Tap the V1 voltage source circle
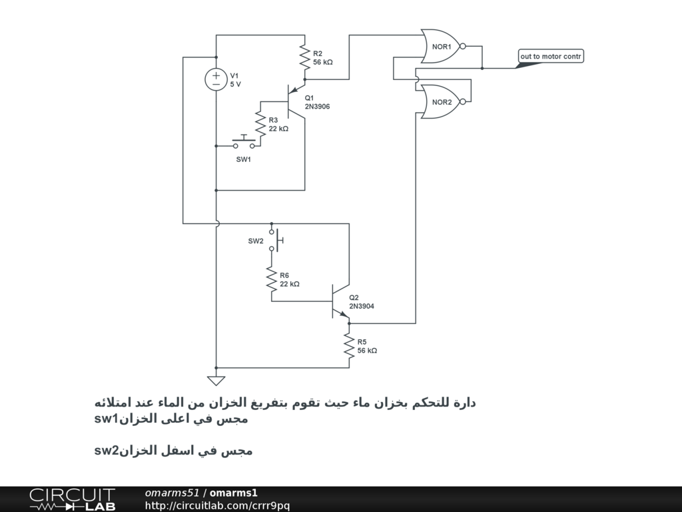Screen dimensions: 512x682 tap(216, 80)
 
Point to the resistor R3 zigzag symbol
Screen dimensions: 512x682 tap(260, 124)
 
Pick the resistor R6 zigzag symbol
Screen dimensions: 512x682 tap(271, 279)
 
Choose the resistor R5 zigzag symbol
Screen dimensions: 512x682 tap(349, 345)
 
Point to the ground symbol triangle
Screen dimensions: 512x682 tap(216, 381)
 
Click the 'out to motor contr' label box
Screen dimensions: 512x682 tap(551, 57)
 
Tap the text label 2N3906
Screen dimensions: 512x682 tap(317, 107)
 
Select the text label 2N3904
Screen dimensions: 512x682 tap(362, 307)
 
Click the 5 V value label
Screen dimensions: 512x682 tap(236, 85)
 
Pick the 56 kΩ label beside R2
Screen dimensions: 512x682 tap(322, 62)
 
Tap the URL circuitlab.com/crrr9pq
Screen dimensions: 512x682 tap(217, 506)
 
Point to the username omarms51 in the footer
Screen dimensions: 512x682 tap(172, 493)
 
